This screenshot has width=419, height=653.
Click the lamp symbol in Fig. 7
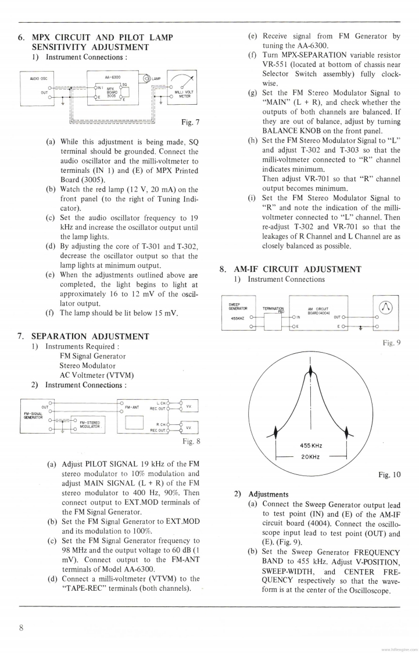[x=144, y=79]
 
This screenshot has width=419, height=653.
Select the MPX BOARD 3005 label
[x=112, y=94]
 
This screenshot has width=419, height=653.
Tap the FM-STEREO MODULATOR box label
[x=90, y=425]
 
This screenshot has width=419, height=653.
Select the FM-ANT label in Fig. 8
[x=132, y=407]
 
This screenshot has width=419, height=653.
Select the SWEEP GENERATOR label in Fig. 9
[x=239, y=306]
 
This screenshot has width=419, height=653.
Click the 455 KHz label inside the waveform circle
[x=311, y=446]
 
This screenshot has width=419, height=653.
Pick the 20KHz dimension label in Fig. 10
[x=311, y=457]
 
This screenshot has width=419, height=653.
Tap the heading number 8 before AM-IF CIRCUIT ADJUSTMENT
[x=222, y=269]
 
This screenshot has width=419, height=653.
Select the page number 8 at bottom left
[x=21, y=627]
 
